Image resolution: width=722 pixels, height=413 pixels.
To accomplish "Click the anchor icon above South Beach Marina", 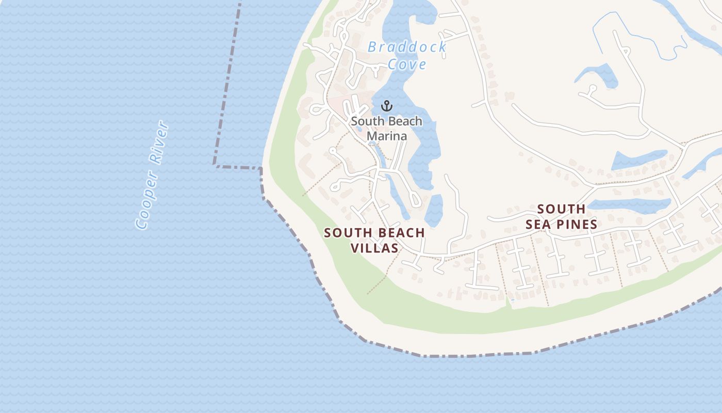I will coord(387,106).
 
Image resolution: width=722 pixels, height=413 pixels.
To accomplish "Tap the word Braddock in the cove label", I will coord(406,47).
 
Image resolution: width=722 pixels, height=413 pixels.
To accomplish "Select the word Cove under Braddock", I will coord(407,65).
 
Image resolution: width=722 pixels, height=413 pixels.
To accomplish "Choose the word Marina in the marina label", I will coord(387,136).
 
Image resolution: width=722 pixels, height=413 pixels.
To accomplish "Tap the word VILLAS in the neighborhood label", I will coord(374,248).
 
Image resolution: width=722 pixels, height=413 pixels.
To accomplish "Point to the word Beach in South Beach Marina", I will coord(405,122).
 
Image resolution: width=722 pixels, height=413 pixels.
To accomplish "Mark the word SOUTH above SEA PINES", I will coord(561,209).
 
